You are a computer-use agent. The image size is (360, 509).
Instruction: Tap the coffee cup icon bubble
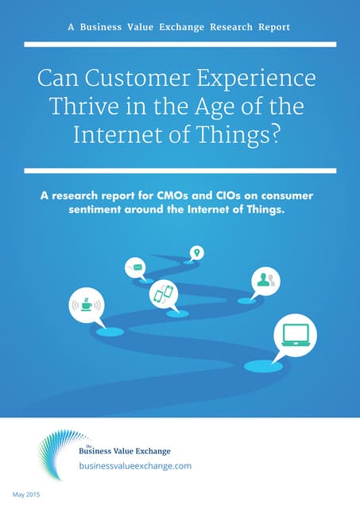coord(86,304)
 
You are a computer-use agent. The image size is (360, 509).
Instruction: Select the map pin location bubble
coord(196,253)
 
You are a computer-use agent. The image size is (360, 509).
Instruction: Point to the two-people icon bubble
coord(264,280)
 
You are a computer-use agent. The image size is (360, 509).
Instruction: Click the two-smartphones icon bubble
coord(163,294)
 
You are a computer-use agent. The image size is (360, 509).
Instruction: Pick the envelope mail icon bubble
coord(136,267)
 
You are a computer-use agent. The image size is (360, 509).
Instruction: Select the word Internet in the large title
coord(111,134)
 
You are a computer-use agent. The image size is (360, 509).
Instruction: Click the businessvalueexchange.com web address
coord(135,466)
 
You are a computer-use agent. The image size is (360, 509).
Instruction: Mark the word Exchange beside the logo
coord(152,451)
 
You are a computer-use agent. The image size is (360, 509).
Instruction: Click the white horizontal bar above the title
coord(180,45)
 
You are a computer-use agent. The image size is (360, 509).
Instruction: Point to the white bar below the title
coord(180,170)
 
